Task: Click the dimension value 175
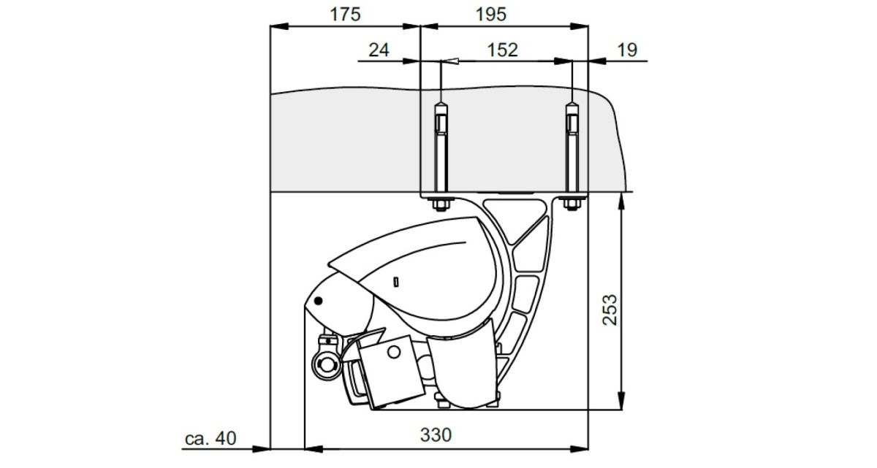(345, 15)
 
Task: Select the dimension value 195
(491, 15)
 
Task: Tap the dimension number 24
(379, 50)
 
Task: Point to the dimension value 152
(502, 50)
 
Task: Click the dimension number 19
(627, 50)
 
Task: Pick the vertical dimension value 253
(610, 310)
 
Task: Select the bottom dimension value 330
(436, 434)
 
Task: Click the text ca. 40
(210, 439)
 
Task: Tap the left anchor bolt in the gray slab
(441, 150)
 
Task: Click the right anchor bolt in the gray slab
(572, 150)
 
